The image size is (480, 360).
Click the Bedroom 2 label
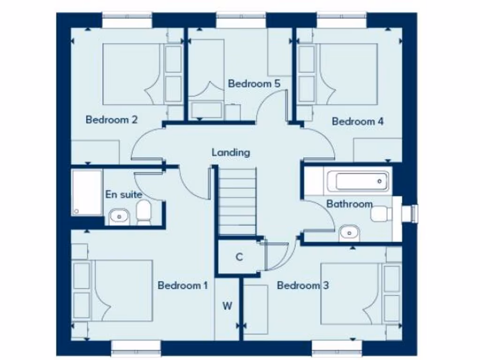[111, 120]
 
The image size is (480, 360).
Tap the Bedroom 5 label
[254, 84]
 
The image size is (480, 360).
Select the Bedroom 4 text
[358, 121]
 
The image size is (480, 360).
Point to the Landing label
[231, 152]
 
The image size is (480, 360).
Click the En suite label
[123, 194]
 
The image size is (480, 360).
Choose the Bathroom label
[349, 204]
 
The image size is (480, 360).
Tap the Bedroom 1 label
[182, 285]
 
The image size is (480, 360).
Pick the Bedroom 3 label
[302, 285]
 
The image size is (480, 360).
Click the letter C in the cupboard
[239, 257]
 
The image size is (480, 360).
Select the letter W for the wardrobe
[227, 307]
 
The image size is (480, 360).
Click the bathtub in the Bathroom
[358, 180]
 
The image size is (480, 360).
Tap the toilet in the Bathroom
[381, 214]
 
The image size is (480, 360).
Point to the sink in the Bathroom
[349, 232]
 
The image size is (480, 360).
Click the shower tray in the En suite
[87, 192]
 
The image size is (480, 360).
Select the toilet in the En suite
[143, 213]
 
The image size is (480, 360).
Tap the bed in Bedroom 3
[349, 293]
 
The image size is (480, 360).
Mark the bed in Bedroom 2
[132, 74]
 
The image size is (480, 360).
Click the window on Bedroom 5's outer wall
[241, 20]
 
